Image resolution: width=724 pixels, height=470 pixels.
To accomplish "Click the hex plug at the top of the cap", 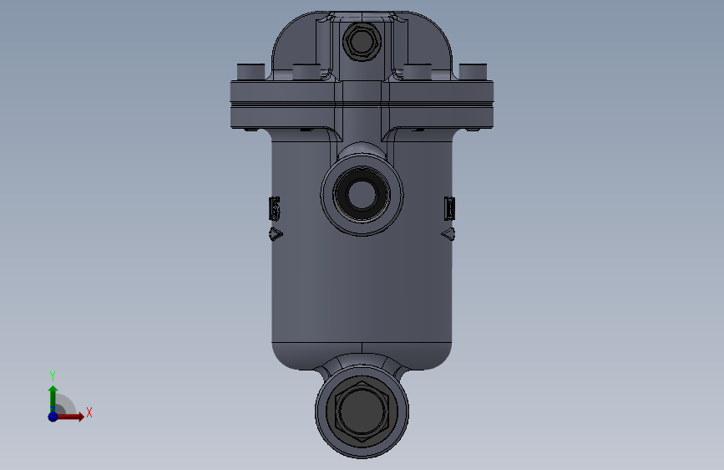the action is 362,41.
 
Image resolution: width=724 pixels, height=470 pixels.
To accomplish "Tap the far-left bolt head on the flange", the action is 251,72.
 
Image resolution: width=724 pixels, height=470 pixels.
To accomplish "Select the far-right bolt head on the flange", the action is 473,72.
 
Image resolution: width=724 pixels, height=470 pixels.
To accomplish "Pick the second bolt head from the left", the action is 306,72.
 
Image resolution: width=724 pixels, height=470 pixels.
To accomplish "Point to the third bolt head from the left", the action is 418,72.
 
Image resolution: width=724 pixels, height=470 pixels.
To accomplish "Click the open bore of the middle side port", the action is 362,194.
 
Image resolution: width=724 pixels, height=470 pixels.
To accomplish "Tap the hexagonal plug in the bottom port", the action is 362,411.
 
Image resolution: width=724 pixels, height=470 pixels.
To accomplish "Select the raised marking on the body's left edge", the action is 275,208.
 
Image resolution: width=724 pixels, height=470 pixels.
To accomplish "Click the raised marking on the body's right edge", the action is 449,208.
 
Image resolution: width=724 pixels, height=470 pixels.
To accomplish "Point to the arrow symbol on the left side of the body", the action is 276,234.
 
